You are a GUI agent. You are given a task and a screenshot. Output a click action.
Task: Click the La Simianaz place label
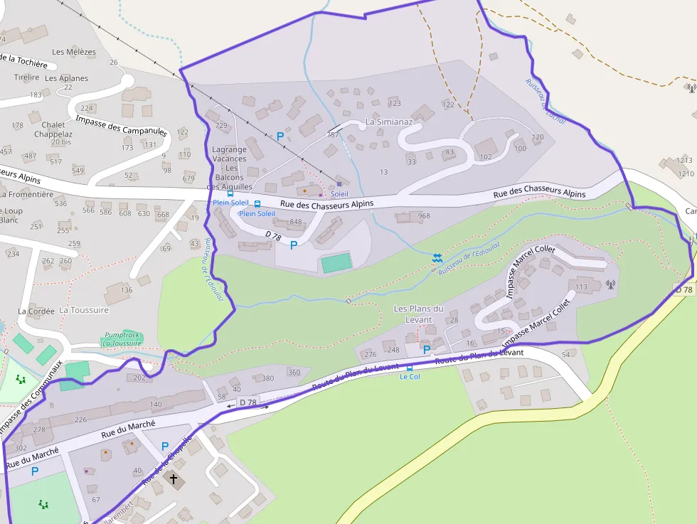pyautogui.click(x=389, y=122)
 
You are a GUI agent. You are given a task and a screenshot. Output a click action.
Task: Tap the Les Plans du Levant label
pyautogui.click(x=418, y=314)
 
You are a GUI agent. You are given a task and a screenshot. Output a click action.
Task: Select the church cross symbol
pyautogui.click(x=173, y=479)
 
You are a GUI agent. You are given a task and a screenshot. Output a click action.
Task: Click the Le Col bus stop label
pyautogui.click(x=410, y=376)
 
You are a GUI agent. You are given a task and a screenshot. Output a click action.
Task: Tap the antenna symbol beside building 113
pyautogui.click(x=610, y=284)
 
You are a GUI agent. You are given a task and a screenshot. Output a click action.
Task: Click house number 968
pyautogui.click(x=424, y=216)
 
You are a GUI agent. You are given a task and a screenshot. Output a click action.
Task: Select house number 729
pyautogui.click(x=220, y=126)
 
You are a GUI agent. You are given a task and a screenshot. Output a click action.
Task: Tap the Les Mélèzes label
pyautogui.click(x=74, y=52)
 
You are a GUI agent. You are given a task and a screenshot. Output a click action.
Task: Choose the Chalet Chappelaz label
pyautogui.click(x=53, y=129)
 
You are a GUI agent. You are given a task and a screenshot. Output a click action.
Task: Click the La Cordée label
pyautogui.click(x=36, y=311)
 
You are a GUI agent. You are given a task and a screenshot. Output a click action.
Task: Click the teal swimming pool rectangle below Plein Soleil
pyautogui.click(x=336, y=263)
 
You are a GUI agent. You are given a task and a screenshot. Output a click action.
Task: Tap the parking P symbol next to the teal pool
pyautogui.click(x=293, y=245)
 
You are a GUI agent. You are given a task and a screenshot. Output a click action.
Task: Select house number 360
pyautogui.click(x=294, y=373)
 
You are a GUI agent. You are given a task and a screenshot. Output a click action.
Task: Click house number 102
pyautogui.click(x=486, y=157)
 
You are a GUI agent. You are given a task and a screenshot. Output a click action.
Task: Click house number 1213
pyautogui.click(x=685, y=161)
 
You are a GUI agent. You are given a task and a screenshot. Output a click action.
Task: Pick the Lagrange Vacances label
pyautogui.click(x=229, y=154)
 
